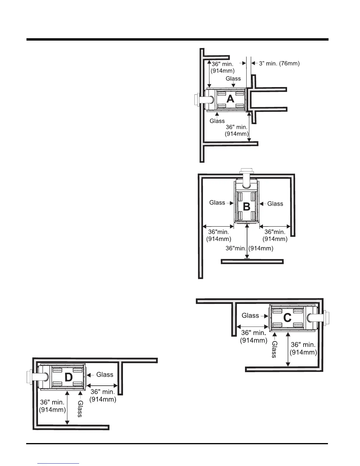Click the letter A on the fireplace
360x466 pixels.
click(x=230, y=99)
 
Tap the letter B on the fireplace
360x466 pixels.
click(x=246, y=207)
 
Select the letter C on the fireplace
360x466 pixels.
click(x=287, y=318)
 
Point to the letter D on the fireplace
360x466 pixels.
click(x=68, y=377)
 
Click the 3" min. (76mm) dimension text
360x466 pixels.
click(x=279, y=63)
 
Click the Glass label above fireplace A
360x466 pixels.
click(x=233, y=79)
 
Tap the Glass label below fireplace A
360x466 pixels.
click(x=217, y=121)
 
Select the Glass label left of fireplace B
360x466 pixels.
click(x=217, y=202)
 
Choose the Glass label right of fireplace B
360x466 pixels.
click(x=275, y=204)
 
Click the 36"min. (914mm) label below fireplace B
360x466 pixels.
click(x=249, y=248)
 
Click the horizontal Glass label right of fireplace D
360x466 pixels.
click(x=105, y=375)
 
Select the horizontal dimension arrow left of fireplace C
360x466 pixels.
click(x=252, y=326)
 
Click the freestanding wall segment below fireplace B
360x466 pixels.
click(x=252, y=262)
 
